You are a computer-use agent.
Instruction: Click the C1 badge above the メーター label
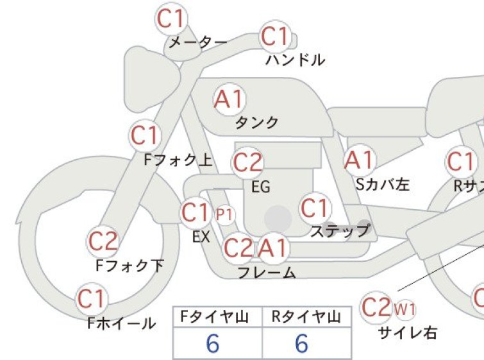[171, 18]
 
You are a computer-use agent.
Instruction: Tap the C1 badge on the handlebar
[275, 37]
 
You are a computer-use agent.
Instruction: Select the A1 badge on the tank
[229, 99]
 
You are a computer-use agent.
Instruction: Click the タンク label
[257, 123]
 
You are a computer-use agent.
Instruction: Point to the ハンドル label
[295, 60]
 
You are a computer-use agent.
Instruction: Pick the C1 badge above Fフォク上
[145, 135]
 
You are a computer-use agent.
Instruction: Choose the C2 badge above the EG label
[247, 163]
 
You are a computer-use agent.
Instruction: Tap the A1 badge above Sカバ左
[360, 160]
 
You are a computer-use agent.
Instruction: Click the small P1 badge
[225, 214]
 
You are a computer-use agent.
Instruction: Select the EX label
[201, 237]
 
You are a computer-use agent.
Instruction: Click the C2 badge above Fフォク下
[103, 241]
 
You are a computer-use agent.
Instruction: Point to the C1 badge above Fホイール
[92, 299]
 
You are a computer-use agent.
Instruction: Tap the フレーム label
[267, 273]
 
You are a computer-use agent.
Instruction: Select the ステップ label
[340, 230]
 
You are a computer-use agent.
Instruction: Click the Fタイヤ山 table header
[215, 317]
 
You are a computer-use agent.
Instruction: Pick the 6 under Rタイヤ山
[301, 343]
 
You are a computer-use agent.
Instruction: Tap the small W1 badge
[405, 309]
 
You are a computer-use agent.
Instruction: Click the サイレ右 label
[408, 333]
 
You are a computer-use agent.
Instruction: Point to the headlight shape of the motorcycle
[151, 78]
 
